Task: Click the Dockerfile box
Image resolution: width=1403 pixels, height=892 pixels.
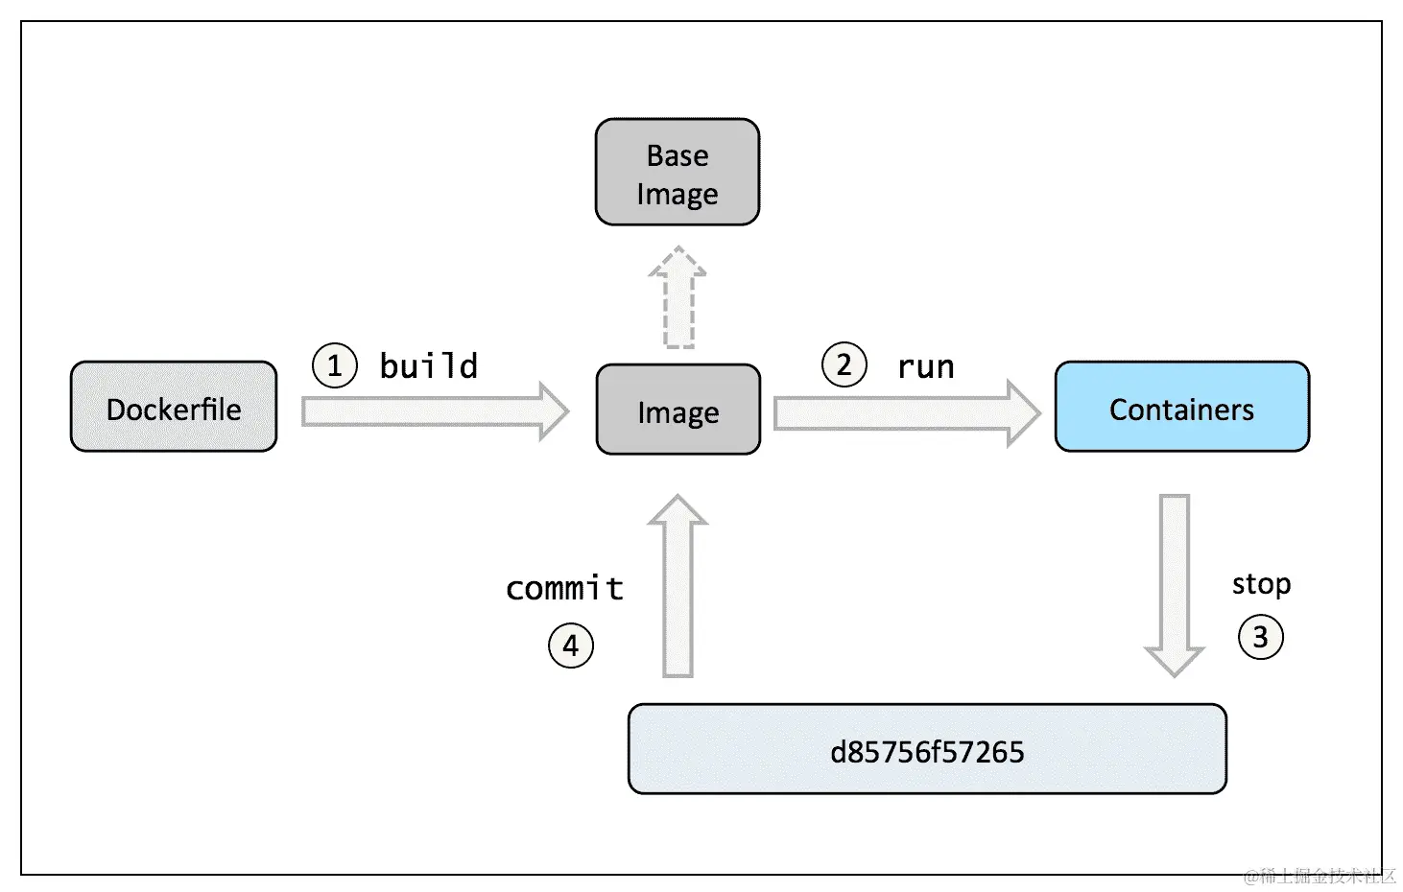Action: (x=174, y=407)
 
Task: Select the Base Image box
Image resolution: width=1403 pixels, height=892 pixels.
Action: (x=678, y=173)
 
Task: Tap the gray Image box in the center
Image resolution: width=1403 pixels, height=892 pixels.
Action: (x=678, y=410)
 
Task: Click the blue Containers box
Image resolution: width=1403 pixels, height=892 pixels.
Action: (x=1181, y=407)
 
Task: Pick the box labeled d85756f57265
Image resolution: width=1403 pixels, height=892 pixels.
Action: (x=927, y=749)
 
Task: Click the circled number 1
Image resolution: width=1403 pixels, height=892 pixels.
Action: (x=334, y=365)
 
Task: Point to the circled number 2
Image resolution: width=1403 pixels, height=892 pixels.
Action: (x=844, y=364)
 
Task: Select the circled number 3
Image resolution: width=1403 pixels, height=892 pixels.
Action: (x=1260, y=637)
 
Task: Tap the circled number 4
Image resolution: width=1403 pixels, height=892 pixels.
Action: (x=570, y=646)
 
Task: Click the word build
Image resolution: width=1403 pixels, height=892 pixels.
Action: (x=428, y=365)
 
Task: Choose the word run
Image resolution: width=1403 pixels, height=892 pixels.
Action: (x=925, y=366)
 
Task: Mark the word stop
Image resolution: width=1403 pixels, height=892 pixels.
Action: (x=1261, y=583)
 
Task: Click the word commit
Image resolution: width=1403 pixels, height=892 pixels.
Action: (x=564, y=587)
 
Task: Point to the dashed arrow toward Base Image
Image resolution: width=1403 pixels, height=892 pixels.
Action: (x=678, y=297)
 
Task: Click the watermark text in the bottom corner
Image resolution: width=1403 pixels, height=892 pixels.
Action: (x=1320, y=875)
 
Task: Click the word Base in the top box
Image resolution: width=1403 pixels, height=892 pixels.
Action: (x=678, y=155)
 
